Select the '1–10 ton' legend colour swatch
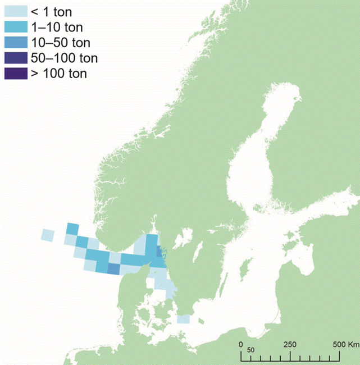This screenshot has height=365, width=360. click(x=16, y=27)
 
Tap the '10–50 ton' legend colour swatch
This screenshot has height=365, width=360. click(x=16, y=42)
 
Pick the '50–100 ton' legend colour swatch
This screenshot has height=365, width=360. click(x=16, y=57)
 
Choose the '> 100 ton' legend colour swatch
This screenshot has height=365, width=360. click(x=16, y=72)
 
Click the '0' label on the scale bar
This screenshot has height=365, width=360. click(x=241, y=344)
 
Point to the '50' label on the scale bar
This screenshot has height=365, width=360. click(x=251, y=349)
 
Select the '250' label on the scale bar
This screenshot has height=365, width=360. click(x=290, y=344)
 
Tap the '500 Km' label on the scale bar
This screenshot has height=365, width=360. click(x=346, y=344)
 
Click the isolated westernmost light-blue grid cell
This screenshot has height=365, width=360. click(x=48, y=235)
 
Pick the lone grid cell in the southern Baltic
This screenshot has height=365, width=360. click(x=183, y=319)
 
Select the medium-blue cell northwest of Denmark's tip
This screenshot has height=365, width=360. click(x=113, y=270)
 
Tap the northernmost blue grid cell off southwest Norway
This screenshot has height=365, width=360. click(x=72, y=228)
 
